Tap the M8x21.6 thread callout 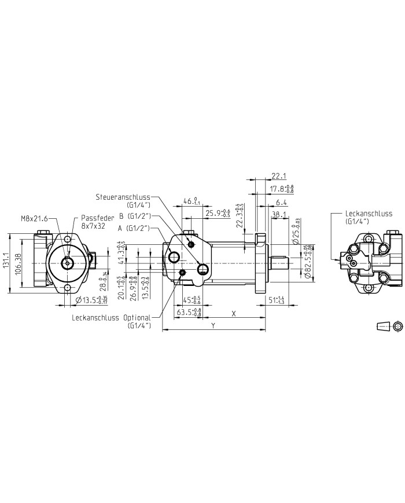click(x=35, y=218)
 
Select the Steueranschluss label click(x=125, y=197)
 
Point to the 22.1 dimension click(x=279, y=176)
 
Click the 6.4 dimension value click(x=281, y=202)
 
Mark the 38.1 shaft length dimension click(x=279, y=215)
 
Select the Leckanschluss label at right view click(x=368, y=214)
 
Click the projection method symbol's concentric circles click(x=397, y=327)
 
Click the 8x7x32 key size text click(x=93, y=226)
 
